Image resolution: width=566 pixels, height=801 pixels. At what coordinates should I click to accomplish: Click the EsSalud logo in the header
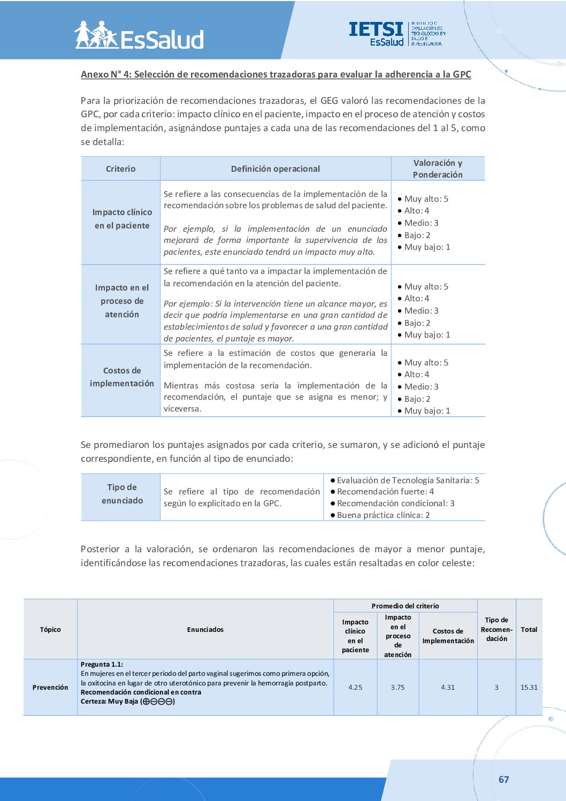click(139, 36)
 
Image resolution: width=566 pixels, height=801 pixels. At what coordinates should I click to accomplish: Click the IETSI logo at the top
click(396, 34)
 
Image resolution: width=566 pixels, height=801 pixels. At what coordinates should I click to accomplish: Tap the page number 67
click(503, 779)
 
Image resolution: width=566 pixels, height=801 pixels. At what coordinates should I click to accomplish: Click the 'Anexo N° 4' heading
click(276, 74)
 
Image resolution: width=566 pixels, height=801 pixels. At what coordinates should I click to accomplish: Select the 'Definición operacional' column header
click(275, 169)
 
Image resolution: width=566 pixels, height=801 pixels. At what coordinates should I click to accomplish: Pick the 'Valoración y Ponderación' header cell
click(438, 169)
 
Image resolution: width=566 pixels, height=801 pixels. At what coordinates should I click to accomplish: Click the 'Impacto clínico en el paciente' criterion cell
click(122, 219)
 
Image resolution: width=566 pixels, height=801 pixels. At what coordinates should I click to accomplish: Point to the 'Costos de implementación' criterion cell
click(122, 377)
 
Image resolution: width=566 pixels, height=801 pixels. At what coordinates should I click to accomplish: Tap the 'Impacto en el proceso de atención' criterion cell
click(122, 301)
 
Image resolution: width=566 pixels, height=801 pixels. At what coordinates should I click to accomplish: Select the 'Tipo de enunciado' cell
click(122, 494)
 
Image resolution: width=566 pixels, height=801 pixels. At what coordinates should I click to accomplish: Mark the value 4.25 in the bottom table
click(355, 687)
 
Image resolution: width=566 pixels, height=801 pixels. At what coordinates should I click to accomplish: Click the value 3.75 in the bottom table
click(397, 687)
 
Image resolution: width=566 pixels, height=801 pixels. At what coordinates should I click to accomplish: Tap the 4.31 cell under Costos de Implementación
click(448, 687)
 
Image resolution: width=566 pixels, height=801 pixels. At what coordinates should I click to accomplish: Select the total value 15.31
click(529, 687)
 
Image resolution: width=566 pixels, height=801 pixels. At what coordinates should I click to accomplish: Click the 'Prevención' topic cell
click(50, 687)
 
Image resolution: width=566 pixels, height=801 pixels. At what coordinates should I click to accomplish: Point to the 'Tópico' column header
click(50, 629)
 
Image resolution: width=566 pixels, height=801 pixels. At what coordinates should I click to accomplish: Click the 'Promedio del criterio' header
click(405, 606)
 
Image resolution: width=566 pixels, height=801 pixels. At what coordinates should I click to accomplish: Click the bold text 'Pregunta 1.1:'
click(102, 664)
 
